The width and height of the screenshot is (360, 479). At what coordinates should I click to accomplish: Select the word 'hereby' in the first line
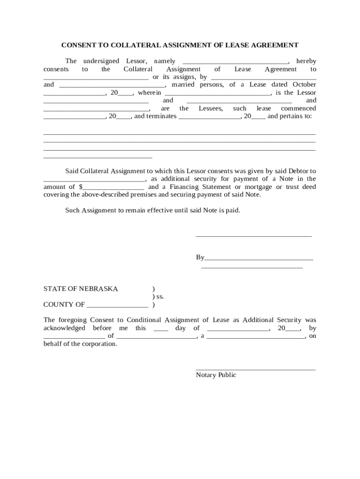(x=306, y=61)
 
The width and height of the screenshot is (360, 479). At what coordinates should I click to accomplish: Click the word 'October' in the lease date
(x=304, y=85)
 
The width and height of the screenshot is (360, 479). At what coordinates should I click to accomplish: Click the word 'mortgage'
(x=258, y=187)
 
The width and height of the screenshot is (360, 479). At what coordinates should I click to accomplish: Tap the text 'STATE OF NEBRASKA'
(x=81, y=289)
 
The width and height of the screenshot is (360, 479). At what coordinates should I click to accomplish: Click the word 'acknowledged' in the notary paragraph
(x=65, y=328)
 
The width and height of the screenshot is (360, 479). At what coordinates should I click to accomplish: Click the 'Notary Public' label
(x=216, y=375)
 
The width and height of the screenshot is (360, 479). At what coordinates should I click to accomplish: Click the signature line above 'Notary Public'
(x=255, y=370)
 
